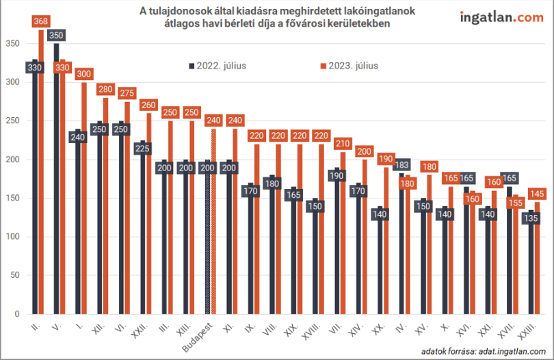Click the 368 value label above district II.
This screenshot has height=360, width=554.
click(x=40, y=21)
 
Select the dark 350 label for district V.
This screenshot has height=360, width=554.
click(x=56, y=36)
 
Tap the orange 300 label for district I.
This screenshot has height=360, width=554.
click(x=83, y=74)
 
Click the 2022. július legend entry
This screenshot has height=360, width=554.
click(x=217, y=66)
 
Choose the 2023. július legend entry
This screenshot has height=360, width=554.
click(x=349, y=66)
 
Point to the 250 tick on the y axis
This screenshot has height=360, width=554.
click(x=13, y=120)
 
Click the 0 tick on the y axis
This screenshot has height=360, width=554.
click(x=17, y=313)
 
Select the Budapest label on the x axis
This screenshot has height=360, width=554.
click(x=198, y=337)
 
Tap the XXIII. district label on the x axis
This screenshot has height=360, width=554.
click(x=527, y=331)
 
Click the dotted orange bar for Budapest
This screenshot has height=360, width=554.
click(x=213, y=221)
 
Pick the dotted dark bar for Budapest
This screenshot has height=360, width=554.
click(x=207, y=237)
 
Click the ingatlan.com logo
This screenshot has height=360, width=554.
click(x=502, y=18)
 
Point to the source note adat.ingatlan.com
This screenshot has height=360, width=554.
click(x=484, y=351)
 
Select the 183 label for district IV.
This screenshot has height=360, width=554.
click(x=401, y=165)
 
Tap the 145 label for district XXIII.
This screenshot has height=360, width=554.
click(x=537, y=194)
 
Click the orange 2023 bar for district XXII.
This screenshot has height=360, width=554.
click(x=148, y=214)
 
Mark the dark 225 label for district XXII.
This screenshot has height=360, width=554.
click(x=142, y=149)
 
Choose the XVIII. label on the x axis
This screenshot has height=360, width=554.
click(x=312, y=331)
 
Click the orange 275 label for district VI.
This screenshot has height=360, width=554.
click(x=127, y=93)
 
